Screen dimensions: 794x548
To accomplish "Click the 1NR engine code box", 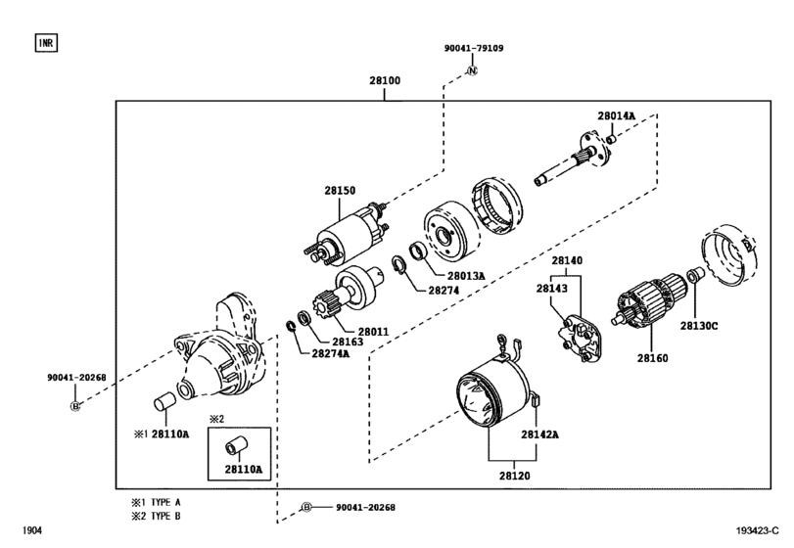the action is coord(46,43).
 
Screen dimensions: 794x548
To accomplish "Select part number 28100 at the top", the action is coord(385,80).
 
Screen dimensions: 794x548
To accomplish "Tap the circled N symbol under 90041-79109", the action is coord(472,70).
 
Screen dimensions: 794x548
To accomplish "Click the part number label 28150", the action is coord(340,191).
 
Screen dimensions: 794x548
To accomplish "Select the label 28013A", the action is coord(466,276).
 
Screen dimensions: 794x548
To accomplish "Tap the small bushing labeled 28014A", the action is coord(611,138).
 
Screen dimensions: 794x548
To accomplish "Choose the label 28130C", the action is coord(699,326).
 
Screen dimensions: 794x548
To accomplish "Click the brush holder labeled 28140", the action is coord(580,338).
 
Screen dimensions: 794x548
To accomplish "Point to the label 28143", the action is coord(552,289).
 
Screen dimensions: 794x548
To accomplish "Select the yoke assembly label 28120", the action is coord(514,476).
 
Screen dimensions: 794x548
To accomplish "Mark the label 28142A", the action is coord(539,434).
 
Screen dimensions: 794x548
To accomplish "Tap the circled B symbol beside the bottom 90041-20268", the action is coord(306,507).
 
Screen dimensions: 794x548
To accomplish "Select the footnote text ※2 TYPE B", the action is coord(156,516).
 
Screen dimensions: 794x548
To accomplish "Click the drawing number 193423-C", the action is coord(757,530).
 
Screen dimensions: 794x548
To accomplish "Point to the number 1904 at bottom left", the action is coord(32,530).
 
